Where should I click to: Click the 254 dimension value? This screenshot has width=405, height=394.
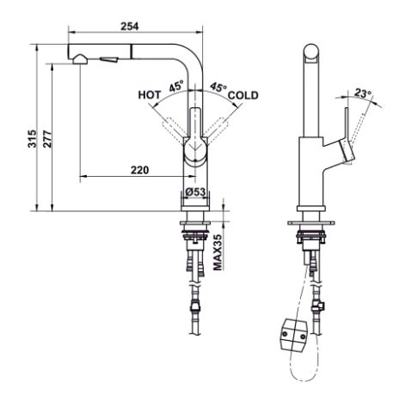click(x=130, y=27)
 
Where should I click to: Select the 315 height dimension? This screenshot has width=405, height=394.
click(x=32, y=139)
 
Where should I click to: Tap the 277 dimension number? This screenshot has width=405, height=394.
click(x=47, y=139)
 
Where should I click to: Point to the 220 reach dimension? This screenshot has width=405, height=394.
click(x=140, y=170)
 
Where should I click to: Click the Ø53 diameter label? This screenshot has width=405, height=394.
click(x=195, y=191)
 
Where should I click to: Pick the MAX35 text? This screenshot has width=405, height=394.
click(x=218, y=252)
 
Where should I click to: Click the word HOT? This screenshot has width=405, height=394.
click(x=150, y=95)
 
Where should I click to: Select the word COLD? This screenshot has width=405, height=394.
click(x=243, y=95)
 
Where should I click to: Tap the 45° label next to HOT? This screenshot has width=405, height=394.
click(x=176, y=87)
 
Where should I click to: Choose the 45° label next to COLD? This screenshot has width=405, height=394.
click(x=218, y=87)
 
